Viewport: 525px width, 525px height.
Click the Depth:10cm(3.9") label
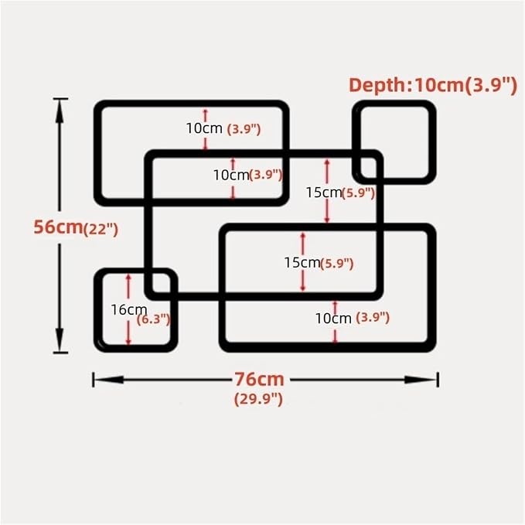click(433, 85)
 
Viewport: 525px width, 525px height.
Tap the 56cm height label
click(58, 227)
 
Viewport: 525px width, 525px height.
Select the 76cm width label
click(259, 380)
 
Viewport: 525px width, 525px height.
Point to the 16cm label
click(129, 310)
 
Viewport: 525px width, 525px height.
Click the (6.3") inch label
click(154, 319)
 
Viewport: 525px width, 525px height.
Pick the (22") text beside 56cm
click(101, 230)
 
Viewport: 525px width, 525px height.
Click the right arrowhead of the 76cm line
click(421, 380)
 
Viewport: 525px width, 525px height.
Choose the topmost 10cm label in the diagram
click(204, 128)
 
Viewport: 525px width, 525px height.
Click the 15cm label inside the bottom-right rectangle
click(302, 263)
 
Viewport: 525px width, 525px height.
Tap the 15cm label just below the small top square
click(323, 193)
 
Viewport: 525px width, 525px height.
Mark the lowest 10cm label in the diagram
click(333, 319)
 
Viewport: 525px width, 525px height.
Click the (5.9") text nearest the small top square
click(358, 193)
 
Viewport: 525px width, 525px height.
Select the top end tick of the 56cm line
click(60, 99)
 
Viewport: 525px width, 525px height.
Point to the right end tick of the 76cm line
click(438, 380)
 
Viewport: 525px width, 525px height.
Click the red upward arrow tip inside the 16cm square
click(128, 275)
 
